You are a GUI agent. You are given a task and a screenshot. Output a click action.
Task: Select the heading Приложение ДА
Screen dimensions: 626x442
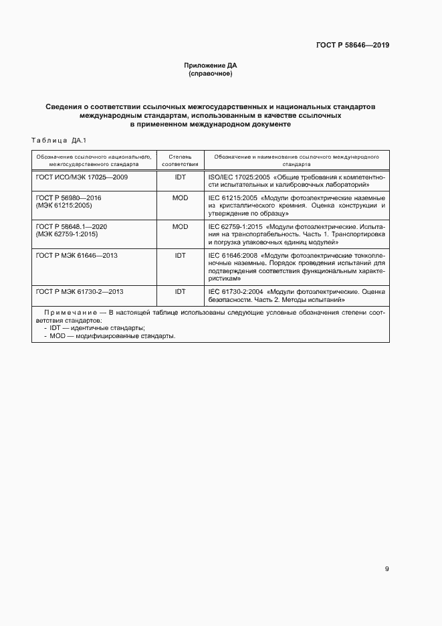(211, 65)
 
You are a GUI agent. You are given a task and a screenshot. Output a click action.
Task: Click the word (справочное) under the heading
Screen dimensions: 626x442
(211, 74)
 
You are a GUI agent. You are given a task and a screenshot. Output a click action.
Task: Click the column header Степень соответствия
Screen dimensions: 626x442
(181, 159)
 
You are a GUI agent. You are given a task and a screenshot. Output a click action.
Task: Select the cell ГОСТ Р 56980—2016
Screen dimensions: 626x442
(68, 198)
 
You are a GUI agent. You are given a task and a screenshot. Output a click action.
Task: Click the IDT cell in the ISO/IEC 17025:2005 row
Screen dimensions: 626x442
(181, 177)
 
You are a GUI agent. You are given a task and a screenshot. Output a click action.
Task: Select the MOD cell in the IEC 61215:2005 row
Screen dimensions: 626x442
(181, 198)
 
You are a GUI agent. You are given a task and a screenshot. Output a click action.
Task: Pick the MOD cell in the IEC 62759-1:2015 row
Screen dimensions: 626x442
(181, 227)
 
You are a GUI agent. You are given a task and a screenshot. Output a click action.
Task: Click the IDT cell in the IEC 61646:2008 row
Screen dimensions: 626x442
(181, 255)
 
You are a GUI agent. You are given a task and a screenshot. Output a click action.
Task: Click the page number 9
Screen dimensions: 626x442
(387, 569)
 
